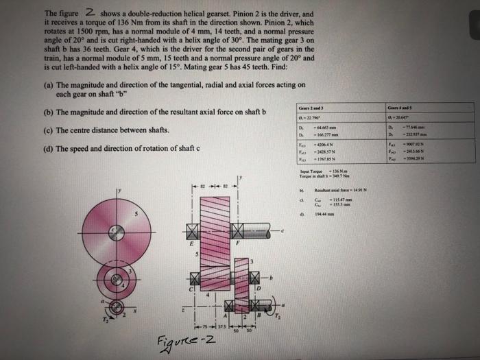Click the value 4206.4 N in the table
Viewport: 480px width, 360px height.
(x=326, y=145)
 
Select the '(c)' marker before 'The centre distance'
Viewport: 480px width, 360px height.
(x=47, y=130)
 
